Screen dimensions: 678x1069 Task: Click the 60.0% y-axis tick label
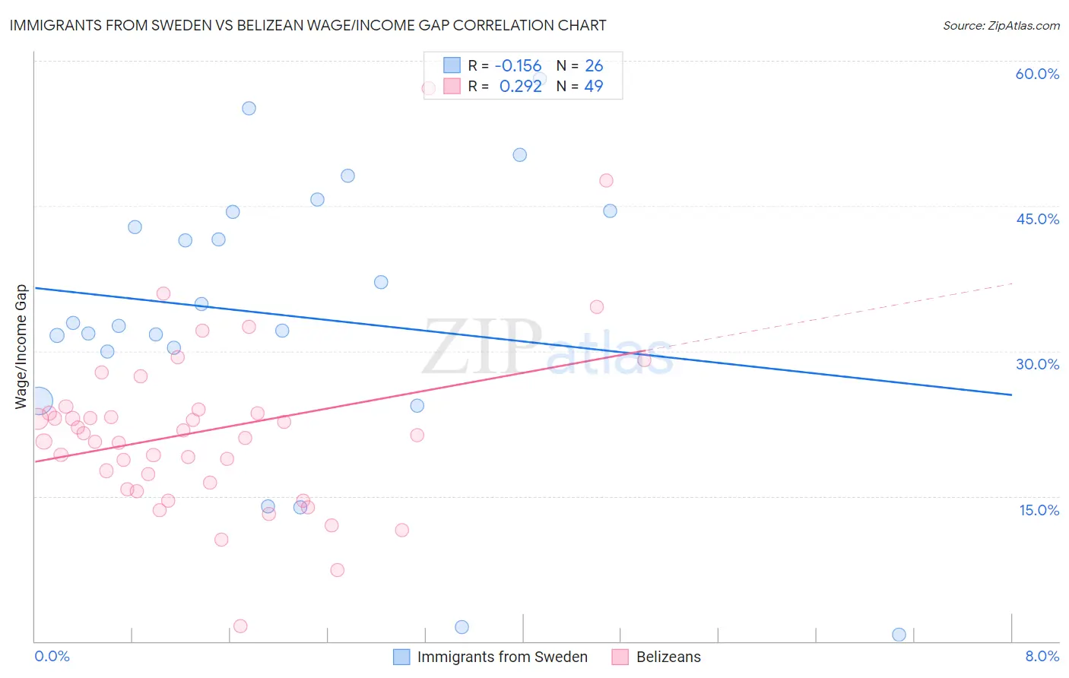1037,74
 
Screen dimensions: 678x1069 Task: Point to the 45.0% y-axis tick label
1037,219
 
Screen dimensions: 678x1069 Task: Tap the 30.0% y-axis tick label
1037,364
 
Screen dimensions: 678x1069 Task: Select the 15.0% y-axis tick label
1039,510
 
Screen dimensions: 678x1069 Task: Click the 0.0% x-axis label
52,656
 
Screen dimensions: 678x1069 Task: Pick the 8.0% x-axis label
1042,656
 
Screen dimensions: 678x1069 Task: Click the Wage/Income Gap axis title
21,347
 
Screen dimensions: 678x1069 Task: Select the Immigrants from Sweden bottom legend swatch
401,657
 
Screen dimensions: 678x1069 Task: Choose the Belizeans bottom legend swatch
620,657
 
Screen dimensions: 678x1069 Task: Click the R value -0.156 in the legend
518,65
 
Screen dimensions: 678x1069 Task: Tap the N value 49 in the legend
593,86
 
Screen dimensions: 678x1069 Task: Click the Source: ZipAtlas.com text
1001,26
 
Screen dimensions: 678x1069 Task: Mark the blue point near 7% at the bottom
899,635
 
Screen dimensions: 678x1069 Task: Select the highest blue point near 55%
249,108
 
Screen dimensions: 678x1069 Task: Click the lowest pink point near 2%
240,626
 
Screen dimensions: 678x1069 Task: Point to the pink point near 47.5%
606,180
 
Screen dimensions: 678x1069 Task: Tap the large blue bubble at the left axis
39,401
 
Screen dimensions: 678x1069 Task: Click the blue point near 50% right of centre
519,155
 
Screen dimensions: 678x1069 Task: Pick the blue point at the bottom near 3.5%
462,627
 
